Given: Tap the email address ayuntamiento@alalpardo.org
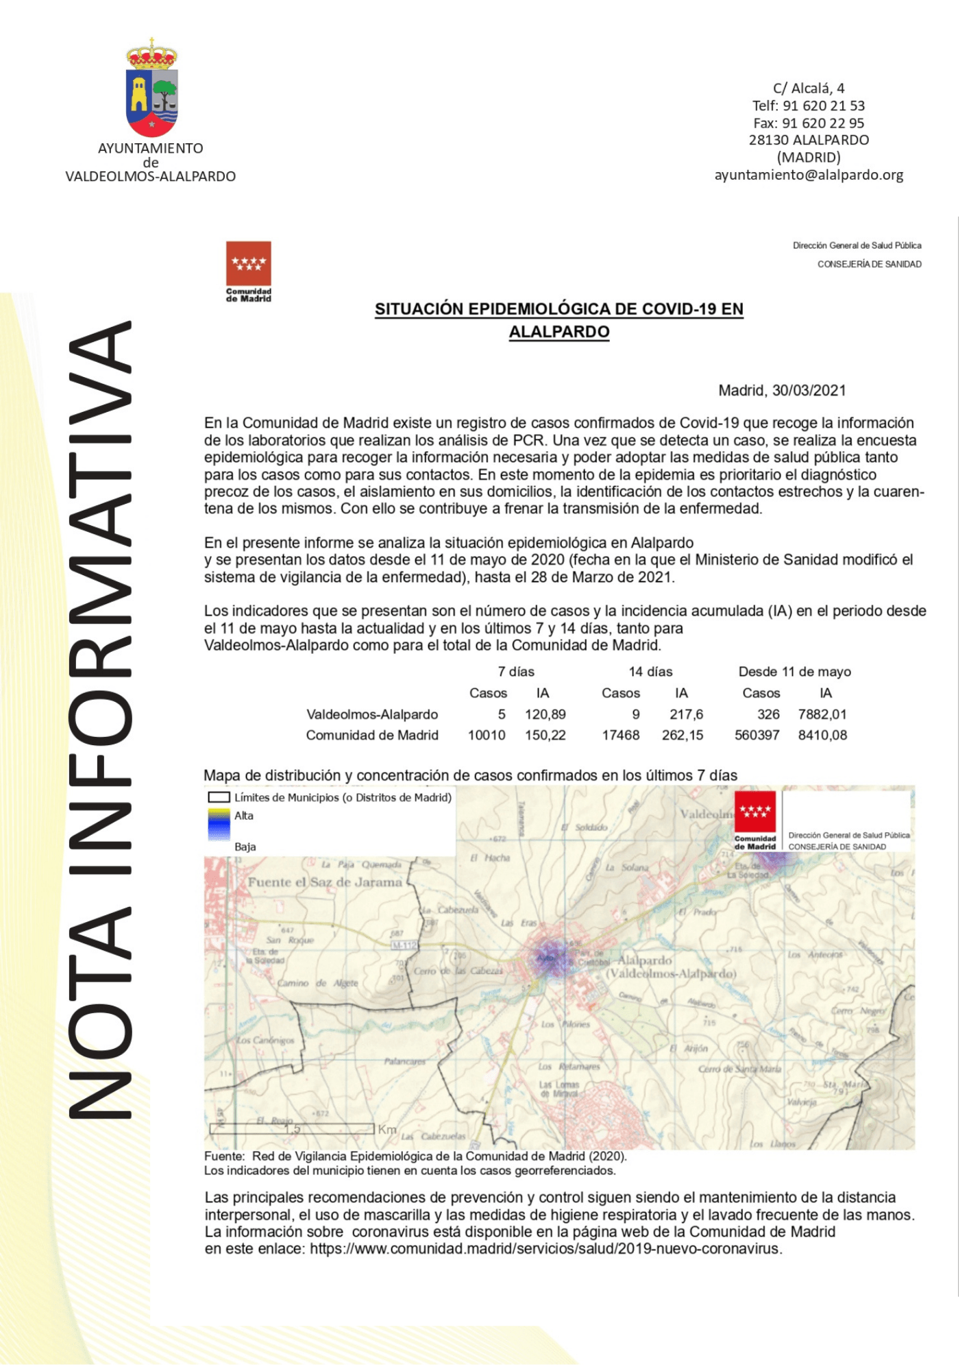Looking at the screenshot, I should (x=809, y=175).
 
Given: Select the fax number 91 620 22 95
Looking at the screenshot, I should (x=809, y=123).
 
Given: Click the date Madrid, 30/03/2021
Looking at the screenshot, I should (x=782, y=391).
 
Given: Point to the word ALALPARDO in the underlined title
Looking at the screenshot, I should (x=559, y=332).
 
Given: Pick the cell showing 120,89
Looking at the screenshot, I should (x=545, y=714).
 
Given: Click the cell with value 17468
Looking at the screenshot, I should (x=620, y=736).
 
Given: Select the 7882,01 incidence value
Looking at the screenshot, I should (x=822, y=714).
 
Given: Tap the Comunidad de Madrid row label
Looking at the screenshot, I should (x=371, y=736).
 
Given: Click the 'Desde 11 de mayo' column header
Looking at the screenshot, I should (x=794, y=672).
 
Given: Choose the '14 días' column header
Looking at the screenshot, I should (x=650, y=672).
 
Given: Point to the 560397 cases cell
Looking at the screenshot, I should (x=757, y=736).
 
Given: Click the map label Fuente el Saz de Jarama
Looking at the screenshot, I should (x=325, y=882).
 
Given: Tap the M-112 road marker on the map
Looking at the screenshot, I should (x=404, y=946).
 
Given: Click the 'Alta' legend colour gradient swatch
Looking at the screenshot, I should (x=219, y=825).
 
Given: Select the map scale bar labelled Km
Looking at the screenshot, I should (x=295, y=1128).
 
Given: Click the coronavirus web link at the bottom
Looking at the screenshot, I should (x=545, y=1249).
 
